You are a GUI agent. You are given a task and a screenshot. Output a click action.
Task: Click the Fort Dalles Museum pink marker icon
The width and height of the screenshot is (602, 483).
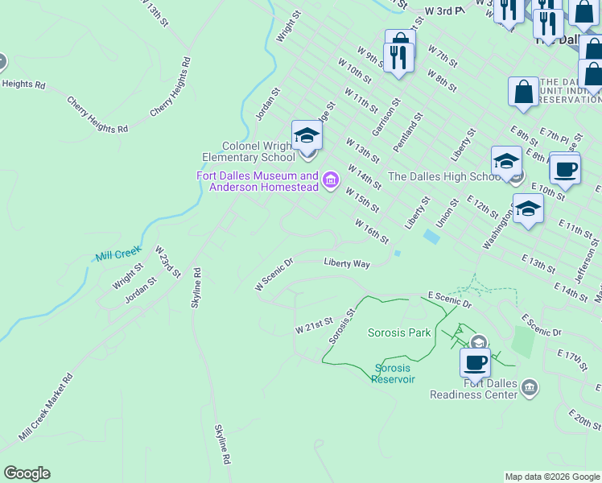[x=330, y=181]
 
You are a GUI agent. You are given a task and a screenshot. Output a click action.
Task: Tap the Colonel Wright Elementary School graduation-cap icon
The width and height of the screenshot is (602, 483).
[x=307, y=134]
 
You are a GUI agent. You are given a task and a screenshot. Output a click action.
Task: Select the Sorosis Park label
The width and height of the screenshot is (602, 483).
[x=400, y=332]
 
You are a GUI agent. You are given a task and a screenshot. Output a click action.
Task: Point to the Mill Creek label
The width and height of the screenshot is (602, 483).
[x=118, y=254]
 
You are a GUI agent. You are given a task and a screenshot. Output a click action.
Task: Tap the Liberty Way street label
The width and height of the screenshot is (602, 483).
[x=347, y=263]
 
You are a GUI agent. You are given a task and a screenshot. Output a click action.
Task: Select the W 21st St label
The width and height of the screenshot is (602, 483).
[x=314, y=325]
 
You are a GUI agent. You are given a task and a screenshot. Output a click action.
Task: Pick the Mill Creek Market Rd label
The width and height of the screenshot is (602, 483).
[x=46, y=407]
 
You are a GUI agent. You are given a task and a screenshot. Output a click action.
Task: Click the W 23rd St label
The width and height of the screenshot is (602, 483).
[x=167, y=262]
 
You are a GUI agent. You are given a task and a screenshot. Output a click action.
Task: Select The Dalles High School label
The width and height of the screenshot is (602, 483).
[x=445, y=177]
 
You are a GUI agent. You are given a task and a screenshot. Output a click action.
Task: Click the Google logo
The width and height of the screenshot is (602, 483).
[x=27, y=473]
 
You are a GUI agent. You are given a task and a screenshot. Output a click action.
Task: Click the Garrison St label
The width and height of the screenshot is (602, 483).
[x=386, y=118]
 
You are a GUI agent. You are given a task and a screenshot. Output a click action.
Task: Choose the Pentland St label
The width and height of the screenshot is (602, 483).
[x=408, y=133]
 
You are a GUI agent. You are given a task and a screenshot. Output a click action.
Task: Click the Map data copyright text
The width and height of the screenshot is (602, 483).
[x=551, y=477]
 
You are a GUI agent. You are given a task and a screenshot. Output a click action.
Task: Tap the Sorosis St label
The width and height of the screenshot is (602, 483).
[x=341, y=325]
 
